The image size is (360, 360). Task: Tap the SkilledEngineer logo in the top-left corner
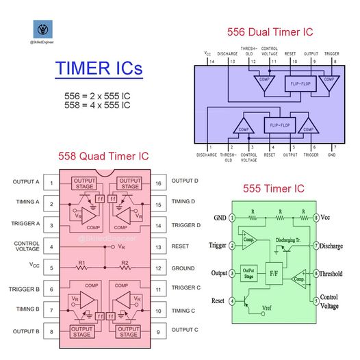tap(46, 29)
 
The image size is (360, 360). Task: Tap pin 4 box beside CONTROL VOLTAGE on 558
tap(51, 246)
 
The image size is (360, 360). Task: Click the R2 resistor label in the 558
tap(125, 263)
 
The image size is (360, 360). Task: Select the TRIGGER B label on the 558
tap(25, 287)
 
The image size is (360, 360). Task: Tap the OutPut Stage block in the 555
tap(250, 273)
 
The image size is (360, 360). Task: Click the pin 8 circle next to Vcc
tap(316, 218)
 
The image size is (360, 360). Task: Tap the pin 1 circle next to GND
tap(232, 218)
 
